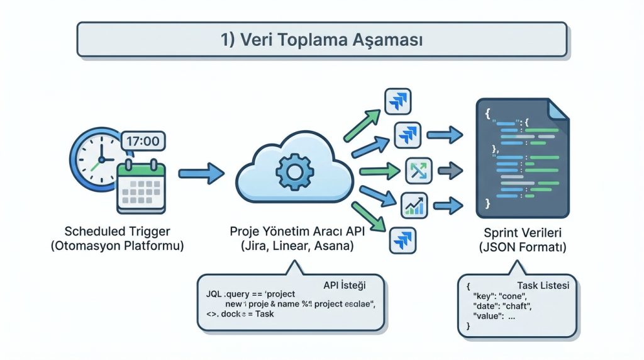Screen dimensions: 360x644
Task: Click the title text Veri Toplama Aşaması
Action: tap(321, 40)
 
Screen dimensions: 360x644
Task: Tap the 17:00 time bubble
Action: tap(142, 140)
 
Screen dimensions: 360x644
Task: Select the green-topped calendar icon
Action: tap(142, 187)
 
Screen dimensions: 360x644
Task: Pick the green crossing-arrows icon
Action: tap(418, 170)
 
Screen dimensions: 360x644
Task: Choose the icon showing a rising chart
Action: tap(414, 204)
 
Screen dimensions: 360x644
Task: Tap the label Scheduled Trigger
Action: tap(117, 230)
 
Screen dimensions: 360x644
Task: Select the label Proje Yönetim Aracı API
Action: tap(298, 231)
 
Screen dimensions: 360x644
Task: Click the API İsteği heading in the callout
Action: tap(344, 284)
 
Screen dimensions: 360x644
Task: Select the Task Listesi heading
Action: tap(543, 285)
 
